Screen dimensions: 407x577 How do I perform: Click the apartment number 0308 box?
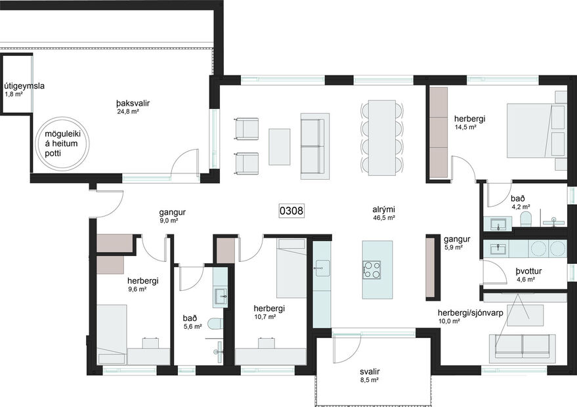291,211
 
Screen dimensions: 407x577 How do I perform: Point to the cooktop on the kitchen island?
372,268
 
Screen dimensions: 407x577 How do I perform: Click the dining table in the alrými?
381,137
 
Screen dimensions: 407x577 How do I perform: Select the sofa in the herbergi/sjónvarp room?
523,346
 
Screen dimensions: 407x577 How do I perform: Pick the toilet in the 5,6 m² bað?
213,323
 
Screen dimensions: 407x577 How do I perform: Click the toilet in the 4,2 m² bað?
525,219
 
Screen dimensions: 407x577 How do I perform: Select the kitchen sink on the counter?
321,266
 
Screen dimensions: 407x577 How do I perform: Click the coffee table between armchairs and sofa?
279,146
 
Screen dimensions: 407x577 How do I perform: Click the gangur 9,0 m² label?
172,216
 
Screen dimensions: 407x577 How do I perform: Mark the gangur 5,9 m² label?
454,243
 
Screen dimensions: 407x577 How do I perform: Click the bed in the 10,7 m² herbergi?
291,268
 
